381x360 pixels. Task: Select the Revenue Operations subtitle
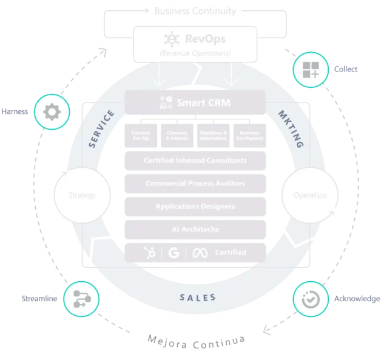tap(195, 53)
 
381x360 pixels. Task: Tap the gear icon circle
tap(52, 112)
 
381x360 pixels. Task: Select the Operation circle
tap(309, 196)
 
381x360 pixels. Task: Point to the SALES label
tap(198, 297)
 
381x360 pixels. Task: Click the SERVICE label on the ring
tap(101, 128)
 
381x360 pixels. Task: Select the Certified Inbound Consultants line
tap(195, 161)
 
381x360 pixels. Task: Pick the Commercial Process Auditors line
tap(195, 183)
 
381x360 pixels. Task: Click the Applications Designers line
tap(195, 206)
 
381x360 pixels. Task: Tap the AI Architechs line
tap(195, 228)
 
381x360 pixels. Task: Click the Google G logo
tap(174, 252)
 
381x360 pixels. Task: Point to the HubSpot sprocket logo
tap(148, 252)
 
